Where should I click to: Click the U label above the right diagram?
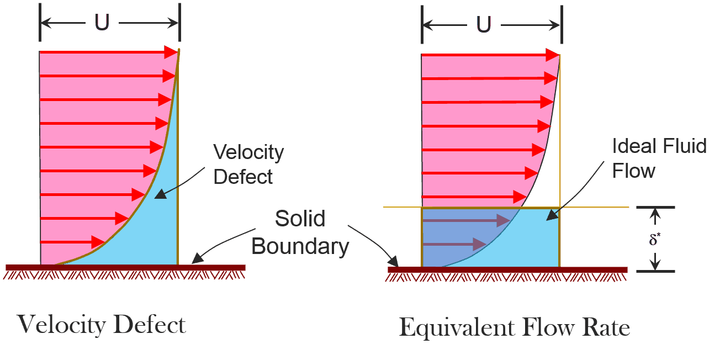(x=484, y=25)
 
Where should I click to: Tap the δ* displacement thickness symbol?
(x=654, y=239)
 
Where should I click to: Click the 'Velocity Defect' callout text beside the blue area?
(x=248, y=164)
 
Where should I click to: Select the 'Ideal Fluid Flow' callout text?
(x=659, y=158)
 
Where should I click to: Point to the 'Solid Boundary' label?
(x=300, y=232)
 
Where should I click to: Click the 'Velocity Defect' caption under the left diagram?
(x=102, y=324)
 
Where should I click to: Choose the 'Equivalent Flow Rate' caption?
(x=514, y=327)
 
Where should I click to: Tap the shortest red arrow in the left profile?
(x=72, y=242)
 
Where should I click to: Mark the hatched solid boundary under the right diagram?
(x=507, y=273)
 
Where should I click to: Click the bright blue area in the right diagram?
(x=544, y=243)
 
